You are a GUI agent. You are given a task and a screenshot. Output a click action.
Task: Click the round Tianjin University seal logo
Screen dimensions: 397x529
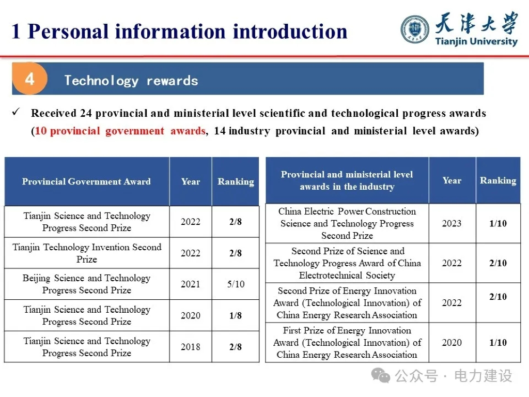pyautogui.click(x=415, y=29)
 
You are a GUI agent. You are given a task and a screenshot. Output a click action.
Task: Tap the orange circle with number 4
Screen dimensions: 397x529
pyautogui.click(x=29, y=79)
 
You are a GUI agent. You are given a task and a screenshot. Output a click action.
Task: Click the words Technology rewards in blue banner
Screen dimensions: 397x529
pyautogui.click(x=131, y=81)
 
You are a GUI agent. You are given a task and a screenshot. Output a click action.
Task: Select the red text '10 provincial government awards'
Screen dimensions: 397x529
pyautogui.click(x=120, y=131)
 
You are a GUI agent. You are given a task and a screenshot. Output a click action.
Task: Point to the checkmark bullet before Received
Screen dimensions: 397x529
pyautogui.click(x=16, y=112)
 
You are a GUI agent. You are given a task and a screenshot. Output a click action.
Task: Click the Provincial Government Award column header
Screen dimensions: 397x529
pyautogui.click(x=86, y=181)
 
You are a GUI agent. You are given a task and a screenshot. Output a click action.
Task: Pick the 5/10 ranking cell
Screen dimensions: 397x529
pyautogui.click(x=236, y=284)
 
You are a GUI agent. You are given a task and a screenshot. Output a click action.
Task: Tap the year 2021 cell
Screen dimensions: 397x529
pyautogui.click(x=190, y=284)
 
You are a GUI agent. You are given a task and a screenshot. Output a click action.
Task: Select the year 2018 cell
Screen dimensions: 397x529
pyautogui.click(x=190, y=347)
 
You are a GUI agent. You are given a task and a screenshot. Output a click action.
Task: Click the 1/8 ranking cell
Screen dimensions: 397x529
pyautogui.click(x=236, y=315)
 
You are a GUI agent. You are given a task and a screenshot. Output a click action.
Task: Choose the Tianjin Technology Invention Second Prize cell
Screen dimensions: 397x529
pyautogui.click(x=87, y=253)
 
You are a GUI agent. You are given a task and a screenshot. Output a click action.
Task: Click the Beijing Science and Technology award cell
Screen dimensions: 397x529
pyautogui.click(x=87, y=284)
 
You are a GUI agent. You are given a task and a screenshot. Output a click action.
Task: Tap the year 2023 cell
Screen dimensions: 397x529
pyautogui.click(x=452, y=223)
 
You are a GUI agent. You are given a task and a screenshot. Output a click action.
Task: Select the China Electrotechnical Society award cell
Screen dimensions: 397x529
pyautogui.click(x=347, y=263)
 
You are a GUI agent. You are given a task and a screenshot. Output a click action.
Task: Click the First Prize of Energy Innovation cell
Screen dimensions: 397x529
pyautogui.click(x=347, y=342)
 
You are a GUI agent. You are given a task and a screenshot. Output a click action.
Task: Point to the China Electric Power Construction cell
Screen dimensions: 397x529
pyautogui.click(x=347, y=223)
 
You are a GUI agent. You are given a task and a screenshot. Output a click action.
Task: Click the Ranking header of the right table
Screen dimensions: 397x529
pyautogui.click(x=498, y=180)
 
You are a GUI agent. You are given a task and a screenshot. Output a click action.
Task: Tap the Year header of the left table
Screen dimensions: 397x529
pyautogui.click(x=190, y=181)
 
